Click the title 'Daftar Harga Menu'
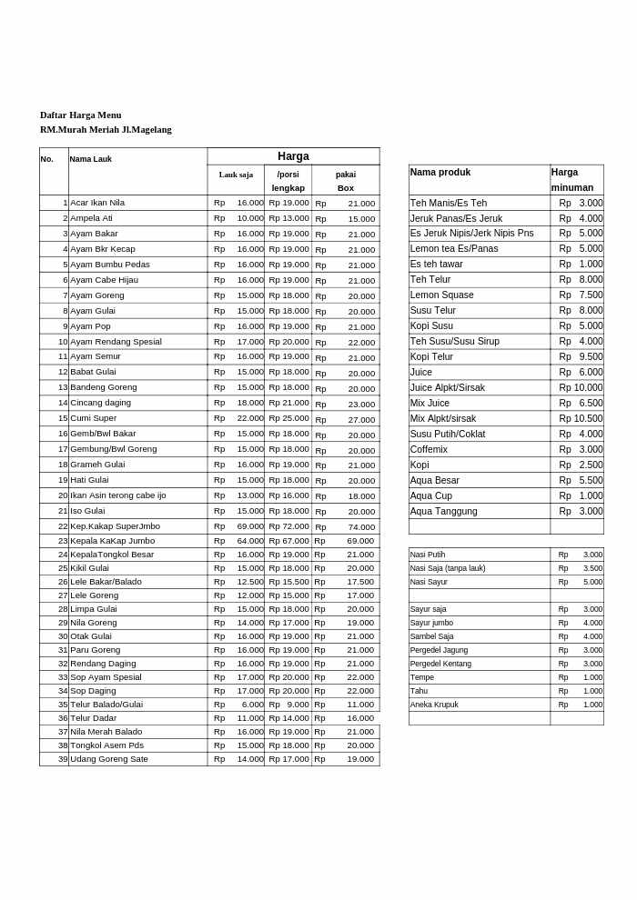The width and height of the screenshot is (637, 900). coord(80,115)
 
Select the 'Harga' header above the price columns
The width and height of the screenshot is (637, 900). coord(293,156)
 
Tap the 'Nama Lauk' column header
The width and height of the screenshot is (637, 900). coord(91,159)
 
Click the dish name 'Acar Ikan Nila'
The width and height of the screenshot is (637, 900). coord(97,203)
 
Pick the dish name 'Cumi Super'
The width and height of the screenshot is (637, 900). coord(93,418)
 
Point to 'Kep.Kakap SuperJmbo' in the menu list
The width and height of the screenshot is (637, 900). coord(115,526)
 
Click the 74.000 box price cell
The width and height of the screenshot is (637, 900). coord(360,526)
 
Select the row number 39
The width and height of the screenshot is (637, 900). coord(63,759)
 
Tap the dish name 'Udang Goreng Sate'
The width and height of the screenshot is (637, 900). coord(109,759)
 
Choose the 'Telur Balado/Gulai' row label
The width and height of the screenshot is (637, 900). coord(106,705)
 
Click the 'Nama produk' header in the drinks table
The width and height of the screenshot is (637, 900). coord(440,172)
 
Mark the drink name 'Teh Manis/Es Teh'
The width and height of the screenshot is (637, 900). coord(448,203)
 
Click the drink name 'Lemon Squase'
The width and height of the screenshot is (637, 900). coord(441,295)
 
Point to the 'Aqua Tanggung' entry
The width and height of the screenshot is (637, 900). coord(443,511)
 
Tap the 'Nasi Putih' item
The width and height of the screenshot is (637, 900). coord(428,555)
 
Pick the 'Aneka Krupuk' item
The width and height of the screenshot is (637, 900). coord(434,705)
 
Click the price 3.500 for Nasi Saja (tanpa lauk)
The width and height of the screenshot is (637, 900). coord(592,568)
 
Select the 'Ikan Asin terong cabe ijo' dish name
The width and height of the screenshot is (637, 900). coord(118,495)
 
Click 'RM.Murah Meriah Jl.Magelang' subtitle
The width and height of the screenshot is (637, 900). coord(106,130)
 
